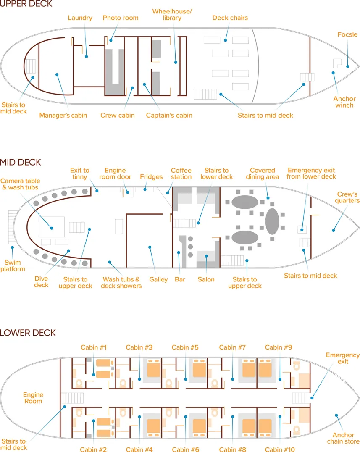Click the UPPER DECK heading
(x=26, y=4)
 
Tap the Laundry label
(x=80, y=18)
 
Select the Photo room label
(x=121, y=18)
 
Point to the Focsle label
(x=347, y=34)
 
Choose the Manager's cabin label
(x=63, y=115)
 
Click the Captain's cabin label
(x=169, y=115)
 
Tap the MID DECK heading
(x=21, y=162)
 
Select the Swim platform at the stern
(x=11, y=227)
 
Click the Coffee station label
(x=181, y=173)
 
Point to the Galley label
(x=158, y=279)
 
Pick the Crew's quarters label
(x=348, y=197)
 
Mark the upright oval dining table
(x=271, y=221)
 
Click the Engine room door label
(x=115, y=173)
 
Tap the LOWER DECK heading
(x=28, y=333)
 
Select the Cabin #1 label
(x=94, y=347)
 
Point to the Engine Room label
(x=33, y=398)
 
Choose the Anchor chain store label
(x=343, y=438)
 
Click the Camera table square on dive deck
(x=52, y=227)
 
